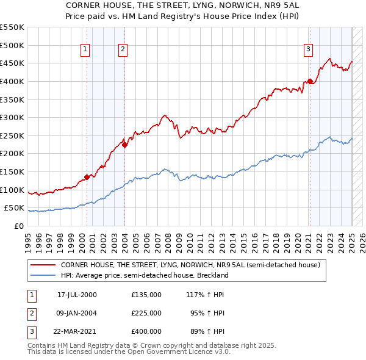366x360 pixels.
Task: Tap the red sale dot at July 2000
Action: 87,177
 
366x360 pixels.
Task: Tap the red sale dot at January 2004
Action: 124,145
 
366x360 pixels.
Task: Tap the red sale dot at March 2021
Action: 310,81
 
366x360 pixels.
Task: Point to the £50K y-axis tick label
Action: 15,208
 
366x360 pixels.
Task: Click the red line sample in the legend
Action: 43,265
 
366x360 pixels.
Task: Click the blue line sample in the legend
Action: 43,275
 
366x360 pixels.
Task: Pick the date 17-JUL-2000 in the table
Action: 77,295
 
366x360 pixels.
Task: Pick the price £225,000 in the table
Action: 146,313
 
